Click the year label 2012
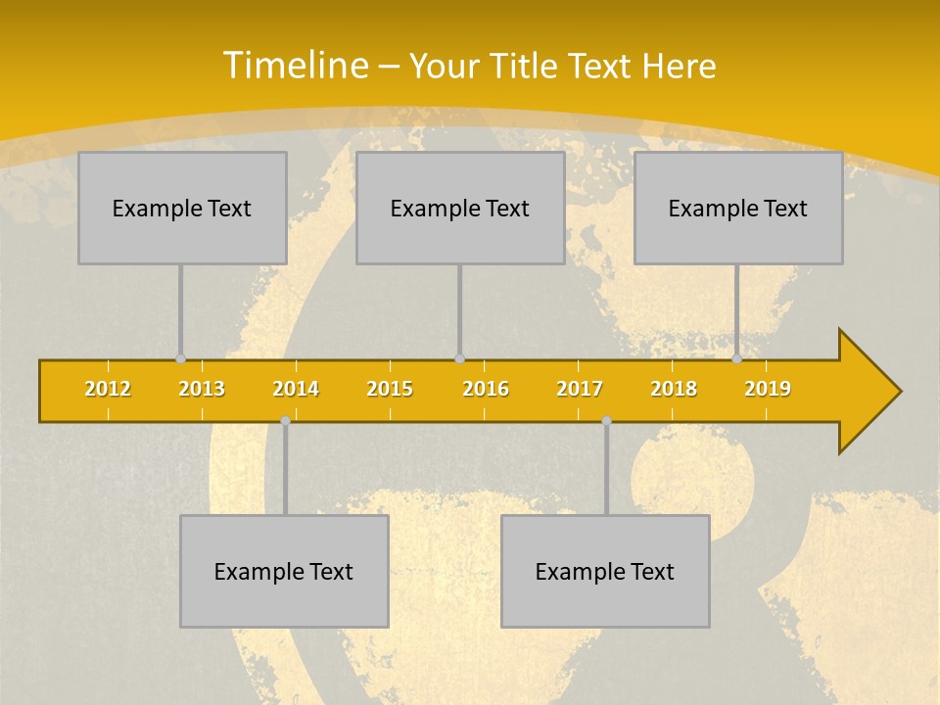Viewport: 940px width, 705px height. (108, 389)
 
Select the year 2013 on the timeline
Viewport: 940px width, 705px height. (202, 389)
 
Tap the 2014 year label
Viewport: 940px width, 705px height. (296, 389)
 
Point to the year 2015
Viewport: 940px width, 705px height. (390, 389)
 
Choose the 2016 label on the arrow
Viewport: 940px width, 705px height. (486, 389)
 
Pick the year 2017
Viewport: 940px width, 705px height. (580, 389)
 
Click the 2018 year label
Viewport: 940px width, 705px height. (674, 389)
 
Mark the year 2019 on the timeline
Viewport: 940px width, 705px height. (768, 389)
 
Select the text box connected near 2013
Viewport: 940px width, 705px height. (182, 208)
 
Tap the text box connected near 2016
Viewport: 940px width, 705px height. (460, 208)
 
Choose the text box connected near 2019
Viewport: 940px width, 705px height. (738, 208)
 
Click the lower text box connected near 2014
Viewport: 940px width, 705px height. (284, 571)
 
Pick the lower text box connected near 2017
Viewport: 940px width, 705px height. (605, 571)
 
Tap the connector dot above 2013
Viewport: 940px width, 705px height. (180, 358)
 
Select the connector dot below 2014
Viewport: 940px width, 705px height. (285, 421)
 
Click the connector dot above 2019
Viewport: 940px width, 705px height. (736, 358)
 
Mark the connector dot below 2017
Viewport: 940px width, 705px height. (606, 421)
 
